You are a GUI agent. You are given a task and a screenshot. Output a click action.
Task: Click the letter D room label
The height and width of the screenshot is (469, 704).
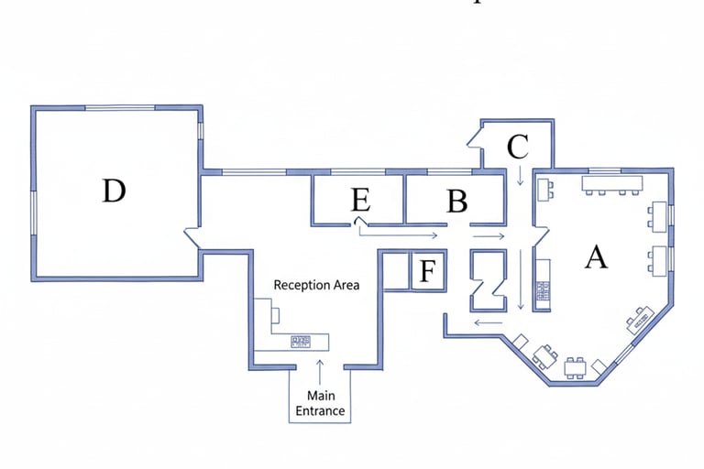[114, 191]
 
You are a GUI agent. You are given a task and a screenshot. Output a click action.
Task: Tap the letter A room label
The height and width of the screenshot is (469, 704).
[596, 258]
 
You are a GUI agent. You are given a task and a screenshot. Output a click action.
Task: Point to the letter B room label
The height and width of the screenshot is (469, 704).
[456, 201]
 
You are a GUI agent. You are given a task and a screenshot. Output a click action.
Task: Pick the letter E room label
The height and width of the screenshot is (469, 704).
[360, 201]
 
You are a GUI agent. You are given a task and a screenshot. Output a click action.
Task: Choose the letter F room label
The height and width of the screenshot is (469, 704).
[427, 271]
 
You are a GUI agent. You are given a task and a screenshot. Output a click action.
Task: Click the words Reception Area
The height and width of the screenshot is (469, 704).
[317, 285]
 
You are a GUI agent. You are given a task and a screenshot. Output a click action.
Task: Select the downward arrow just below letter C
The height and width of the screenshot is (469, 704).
[521, 174]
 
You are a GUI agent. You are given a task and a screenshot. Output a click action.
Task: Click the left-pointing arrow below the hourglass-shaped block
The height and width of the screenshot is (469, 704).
[488, 322]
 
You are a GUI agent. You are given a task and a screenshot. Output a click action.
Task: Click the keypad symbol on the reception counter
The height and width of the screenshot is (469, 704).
[301, 342]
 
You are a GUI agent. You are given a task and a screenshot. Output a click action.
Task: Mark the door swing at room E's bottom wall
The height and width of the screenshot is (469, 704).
[361, 222]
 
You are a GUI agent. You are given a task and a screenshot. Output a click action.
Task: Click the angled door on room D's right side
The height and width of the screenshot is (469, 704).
[193, 237]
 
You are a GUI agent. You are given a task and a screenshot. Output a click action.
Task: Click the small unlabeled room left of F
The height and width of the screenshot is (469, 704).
[395, 271]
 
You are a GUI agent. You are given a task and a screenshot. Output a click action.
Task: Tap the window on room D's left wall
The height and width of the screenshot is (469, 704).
[35, 224]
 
